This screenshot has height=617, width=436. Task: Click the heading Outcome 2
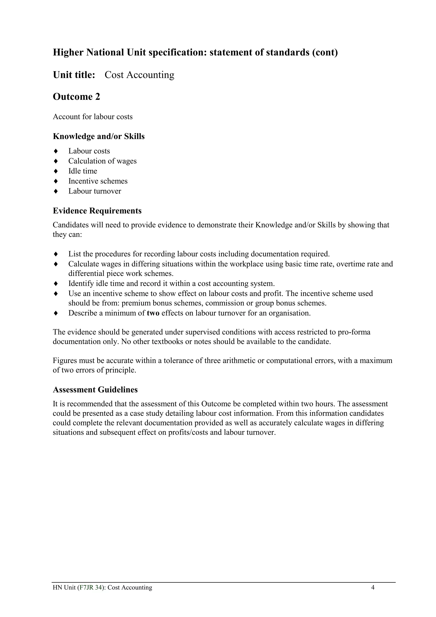76,97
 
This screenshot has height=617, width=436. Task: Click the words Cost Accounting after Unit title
139,75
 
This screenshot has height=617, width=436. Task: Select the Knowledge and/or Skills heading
99,137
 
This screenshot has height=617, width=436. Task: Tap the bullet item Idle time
82,171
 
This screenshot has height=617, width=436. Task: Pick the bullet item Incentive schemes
98,181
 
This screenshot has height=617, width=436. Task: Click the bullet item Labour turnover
95,191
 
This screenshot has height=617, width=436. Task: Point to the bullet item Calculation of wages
102,161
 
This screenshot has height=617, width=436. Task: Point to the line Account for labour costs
93,117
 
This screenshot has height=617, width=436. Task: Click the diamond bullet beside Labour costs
56,151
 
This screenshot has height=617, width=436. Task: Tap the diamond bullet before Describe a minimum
56,313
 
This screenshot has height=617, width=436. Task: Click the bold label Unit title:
74,75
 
